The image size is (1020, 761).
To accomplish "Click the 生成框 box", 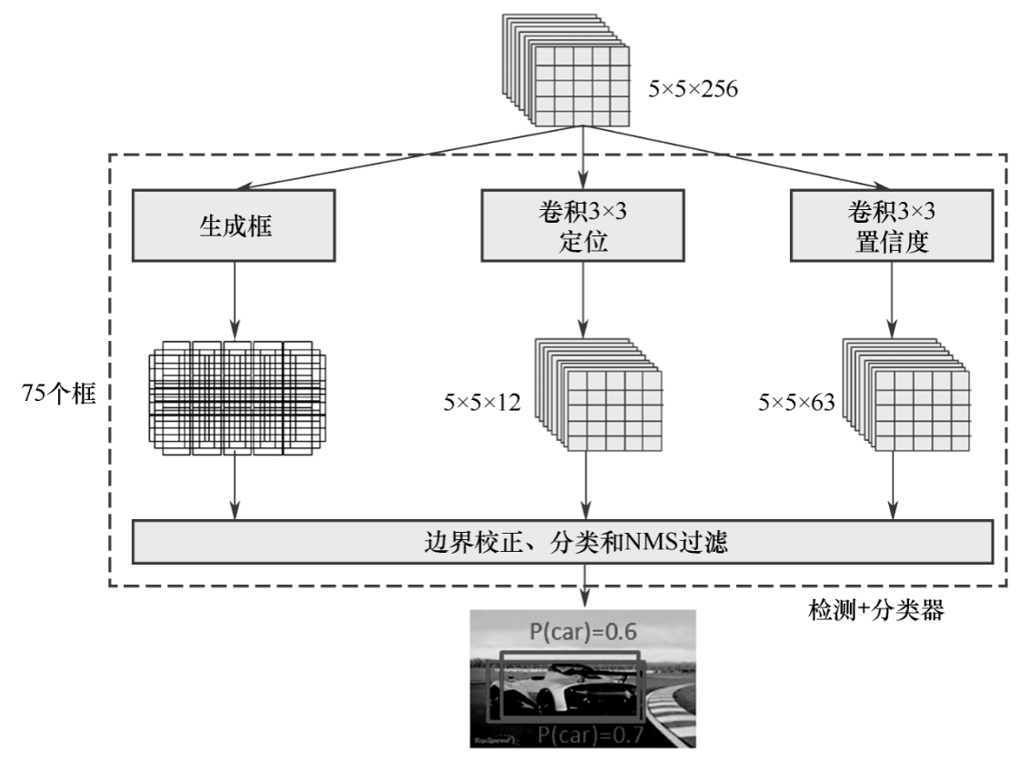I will [235, 224].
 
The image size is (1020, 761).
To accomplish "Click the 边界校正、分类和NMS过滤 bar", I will [562, 544].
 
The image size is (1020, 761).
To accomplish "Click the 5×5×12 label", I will [483, 402].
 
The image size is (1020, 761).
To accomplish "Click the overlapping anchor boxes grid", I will [236, 396].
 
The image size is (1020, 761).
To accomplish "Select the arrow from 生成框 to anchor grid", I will [235, 295].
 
